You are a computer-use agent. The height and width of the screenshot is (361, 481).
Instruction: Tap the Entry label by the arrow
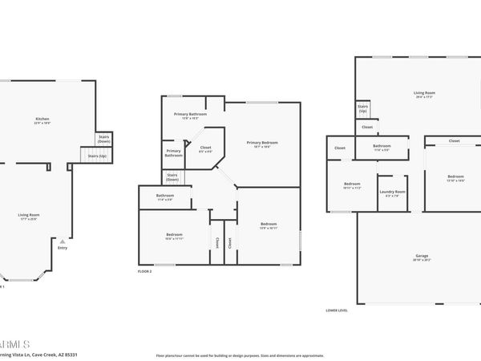(63, 247)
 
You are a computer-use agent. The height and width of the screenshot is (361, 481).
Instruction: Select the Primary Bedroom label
(265, 144)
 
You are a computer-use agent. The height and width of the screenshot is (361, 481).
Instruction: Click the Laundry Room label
(392, 192)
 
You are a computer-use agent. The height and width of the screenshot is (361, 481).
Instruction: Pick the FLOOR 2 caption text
(145, 271)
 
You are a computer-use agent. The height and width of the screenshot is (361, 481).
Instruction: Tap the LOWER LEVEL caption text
(338, 310)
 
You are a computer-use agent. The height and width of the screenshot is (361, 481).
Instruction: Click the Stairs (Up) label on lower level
(362, 108)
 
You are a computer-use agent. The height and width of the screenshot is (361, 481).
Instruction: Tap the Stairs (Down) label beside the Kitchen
(103, 140)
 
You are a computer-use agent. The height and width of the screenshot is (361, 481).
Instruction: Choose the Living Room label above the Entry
(30, 215)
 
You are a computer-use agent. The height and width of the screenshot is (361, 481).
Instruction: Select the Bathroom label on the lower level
(382, 146)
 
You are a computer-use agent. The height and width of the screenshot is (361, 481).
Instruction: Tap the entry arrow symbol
(63, 241)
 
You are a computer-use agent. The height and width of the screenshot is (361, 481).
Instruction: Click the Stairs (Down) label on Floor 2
(172, 176)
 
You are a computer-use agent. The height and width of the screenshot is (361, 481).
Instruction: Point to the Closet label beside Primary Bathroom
(205, 148)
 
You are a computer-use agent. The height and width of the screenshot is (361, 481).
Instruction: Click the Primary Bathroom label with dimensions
(191, 116)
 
